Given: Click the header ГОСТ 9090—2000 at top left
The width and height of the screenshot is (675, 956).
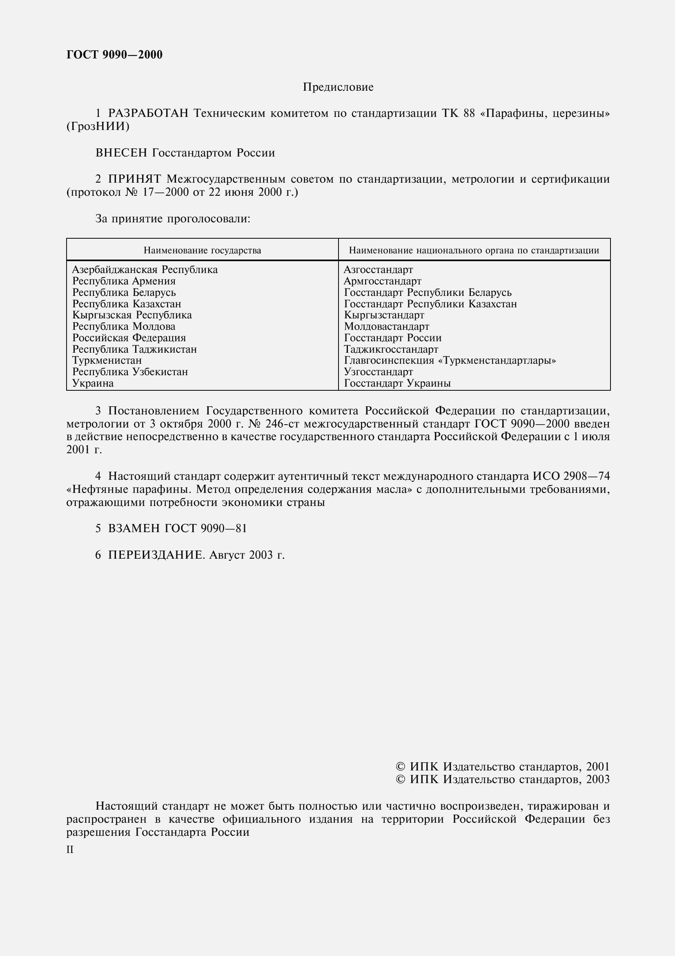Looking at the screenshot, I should [x=114, y=54].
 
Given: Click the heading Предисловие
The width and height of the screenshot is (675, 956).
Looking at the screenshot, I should [x=338, y=87].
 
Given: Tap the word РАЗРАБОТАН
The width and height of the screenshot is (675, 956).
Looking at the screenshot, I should [x=149, y=113].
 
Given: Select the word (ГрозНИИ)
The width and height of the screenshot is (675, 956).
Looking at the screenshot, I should [x=98, y=126].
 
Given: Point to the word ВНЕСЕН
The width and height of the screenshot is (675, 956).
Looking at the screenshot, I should [x=121, y=153].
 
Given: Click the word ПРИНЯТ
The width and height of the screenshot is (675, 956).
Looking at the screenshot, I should [x=134, y=179].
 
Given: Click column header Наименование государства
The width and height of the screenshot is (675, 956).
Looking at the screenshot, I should [x=202, y=250].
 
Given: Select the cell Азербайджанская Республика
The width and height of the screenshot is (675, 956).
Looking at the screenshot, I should [x=145, y=270].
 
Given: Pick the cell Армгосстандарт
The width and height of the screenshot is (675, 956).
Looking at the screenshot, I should [x=382, y=281].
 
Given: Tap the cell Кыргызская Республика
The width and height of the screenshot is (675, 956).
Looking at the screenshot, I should [x=132, y=315].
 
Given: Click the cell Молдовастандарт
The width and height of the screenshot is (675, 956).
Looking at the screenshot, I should [x=386, y=327].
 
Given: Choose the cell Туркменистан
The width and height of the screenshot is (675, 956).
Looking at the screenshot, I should [x=107, y=360].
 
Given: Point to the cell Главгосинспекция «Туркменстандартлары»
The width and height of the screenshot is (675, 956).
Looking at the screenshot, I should [x=450, y=360].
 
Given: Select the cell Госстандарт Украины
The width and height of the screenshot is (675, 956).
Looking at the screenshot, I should [x=397, y=383].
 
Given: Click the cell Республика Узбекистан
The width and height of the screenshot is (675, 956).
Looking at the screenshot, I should [x=130, y=372].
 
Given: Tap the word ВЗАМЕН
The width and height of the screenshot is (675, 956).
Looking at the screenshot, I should [x=134, y=528].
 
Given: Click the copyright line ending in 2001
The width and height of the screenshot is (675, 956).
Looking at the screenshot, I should [x=502, y=766].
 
